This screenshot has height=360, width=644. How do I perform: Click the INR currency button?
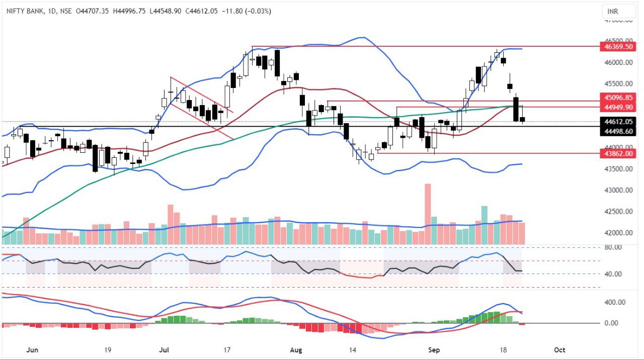pyautogui.click(x=613, y=11)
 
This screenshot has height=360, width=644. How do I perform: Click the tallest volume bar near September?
pyautogui.click(x=428, y=214)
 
